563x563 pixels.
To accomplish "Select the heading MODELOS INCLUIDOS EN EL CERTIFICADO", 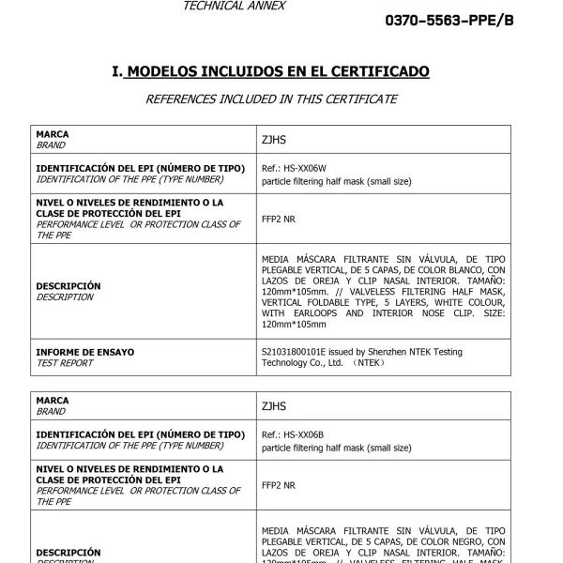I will pyautogui.click(x=278, y=71).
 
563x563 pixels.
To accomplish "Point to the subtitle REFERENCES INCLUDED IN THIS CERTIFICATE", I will pyautogui.click(x=271, y=99).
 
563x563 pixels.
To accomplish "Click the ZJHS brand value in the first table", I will pyautogui.click(x=274, y=140).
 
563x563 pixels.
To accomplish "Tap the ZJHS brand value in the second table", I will pyautogui.click(x=274, y=406).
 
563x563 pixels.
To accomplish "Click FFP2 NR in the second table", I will pyautogui.click(x=278, y=485).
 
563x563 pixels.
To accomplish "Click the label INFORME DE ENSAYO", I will pyautogui.click(x=84, y=352).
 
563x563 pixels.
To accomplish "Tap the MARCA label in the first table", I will pyautogui.click(x=52, y=135).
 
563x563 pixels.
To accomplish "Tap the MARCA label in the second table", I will pyautogui.click(x=52, y=402).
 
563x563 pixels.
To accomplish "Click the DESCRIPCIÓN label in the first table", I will pyautogui.click(x=68, y=286).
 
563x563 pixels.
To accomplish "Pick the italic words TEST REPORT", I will pyautogui.click(x=64, y=363).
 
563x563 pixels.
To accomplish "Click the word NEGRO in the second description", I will pyautogui.click(x=444, y=541).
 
